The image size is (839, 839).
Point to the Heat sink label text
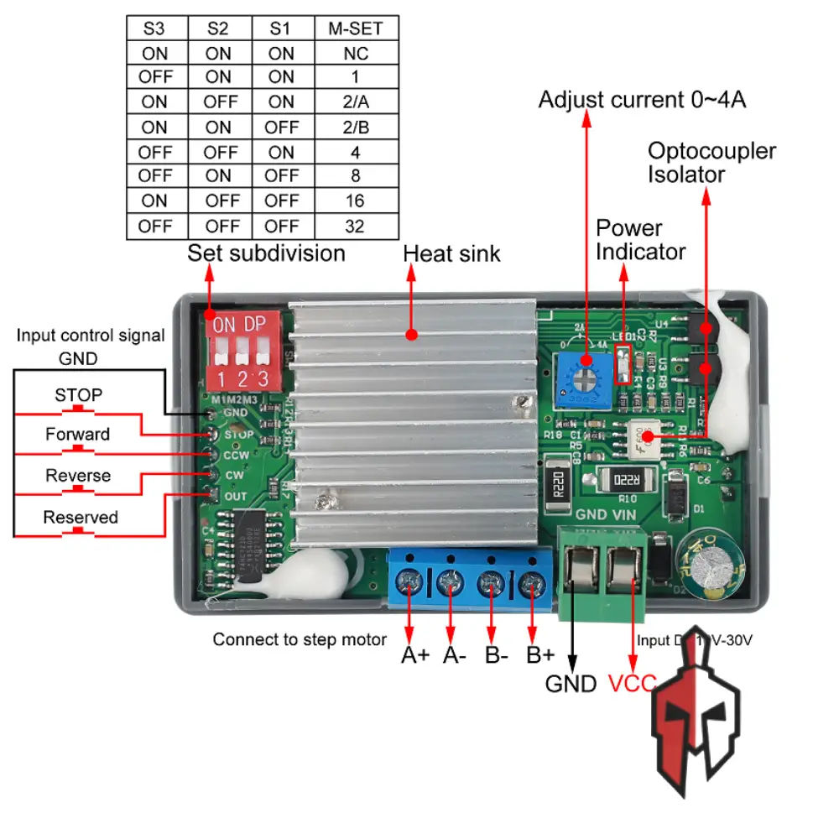451,253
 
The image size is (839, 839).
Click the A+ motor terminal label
414,654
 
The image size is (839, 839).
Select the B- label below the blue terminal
497,654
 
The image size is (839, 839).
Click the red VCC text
631,683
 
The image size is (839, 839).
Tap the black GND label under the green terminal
571,683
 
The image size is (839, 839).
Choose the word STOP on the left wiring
79,394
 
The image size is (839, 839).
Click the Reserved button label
80,517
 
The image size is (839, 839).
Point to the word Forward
77,434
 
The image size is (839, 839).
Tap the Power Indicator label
640,240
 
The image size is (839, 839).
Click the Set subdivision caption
266,253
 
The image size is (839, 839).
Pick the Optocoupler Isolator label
711,163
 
